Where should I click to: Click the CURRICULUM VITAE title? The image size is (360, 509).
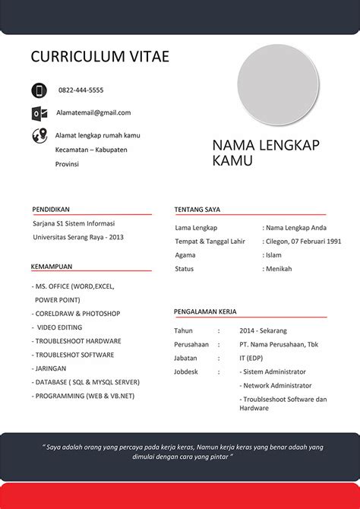point(99,57)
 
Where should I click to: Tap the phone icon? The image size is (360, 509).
point(39,90)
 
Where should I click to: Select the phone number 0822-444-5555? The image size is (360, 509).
point(81,90)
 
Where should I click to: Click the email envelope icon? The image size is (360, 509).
point(39,113)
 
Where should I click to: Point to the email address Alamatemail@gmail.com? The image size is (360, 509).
point(93,112)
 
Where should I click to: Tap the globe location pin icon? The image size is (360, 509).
point(39,136)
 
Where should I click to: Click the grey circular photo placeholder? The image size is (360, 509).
point(278,84)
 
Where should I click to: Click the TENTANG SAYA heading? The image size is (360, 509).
point(197,209)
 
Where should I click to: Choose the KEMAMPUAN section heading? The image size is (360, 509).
point(52,267)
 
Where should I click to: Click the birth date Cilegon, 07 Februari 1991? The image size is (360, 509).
point(302,242)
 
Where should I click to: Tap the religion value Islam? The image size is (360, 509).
point(273,255)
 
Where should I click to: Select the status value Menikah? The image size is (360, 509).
point(278,269)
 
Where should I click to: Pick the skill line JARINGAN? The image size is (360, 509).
point(51,368)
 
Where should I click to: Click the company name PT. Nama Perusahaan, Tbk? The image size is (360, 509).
point(279,344)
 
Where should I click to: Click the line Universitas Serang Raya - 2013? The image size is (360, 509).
point(78,237)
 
